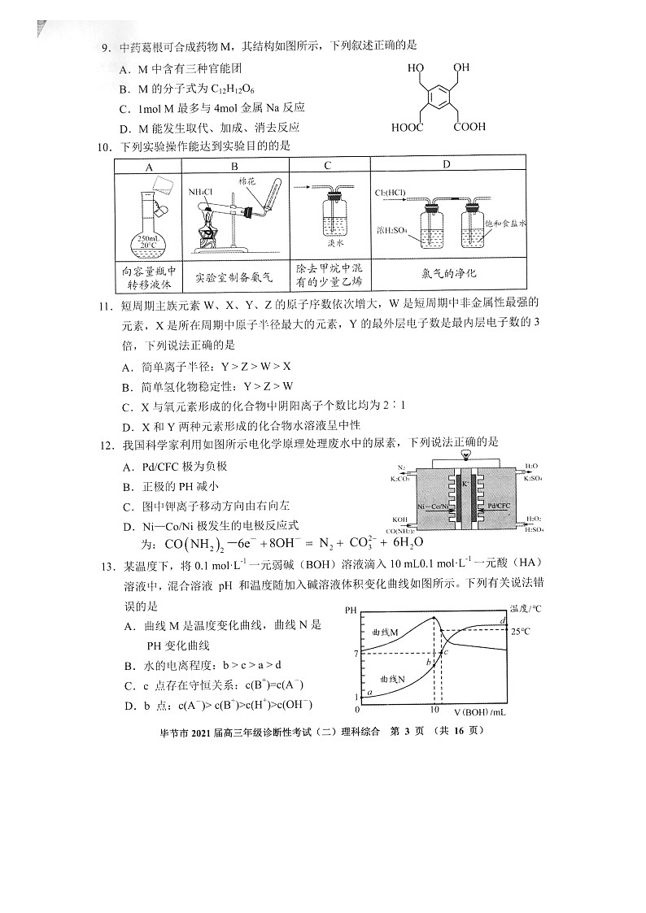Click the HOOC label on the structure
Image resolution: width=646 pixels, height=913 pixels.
(x=407, y=128)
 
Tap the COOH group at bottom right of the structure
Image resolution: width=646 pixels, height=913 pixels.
(x=470, y=127)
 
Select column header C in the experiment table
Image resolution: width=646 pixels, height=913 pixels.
(x=327, y=166)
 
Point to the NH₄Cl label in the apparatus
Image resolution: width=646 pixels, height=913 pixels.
(x=199, y=192)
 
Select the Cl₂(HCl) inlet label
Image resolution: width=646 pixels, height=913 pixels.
(x=391, y=193)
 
